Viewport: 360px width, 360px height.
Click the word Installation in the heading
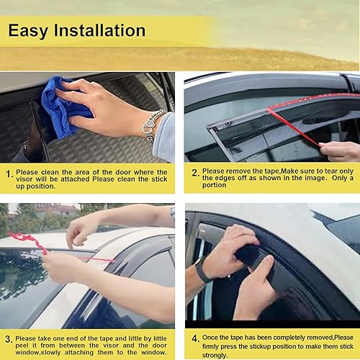coord(100,31)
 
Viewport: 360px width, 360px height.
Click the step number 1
coord(8,174)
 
